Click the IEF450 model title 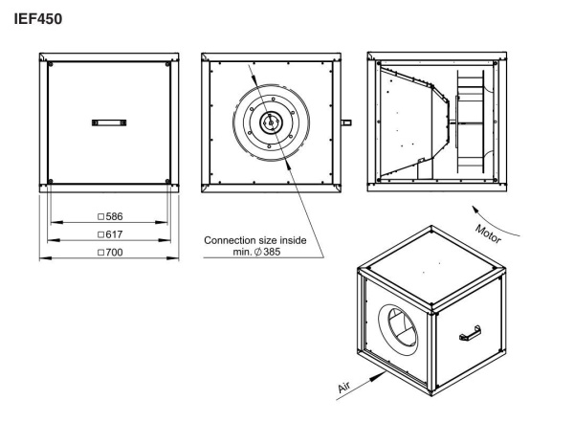pos(36,18)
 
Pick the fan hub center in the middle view pos(271,122)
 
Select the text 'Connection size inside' pos(255,239)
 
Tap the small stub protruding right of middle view pos(346,122)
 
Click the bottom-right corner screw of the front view pos(167,182)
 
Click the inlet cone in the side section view pos(411,122)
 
